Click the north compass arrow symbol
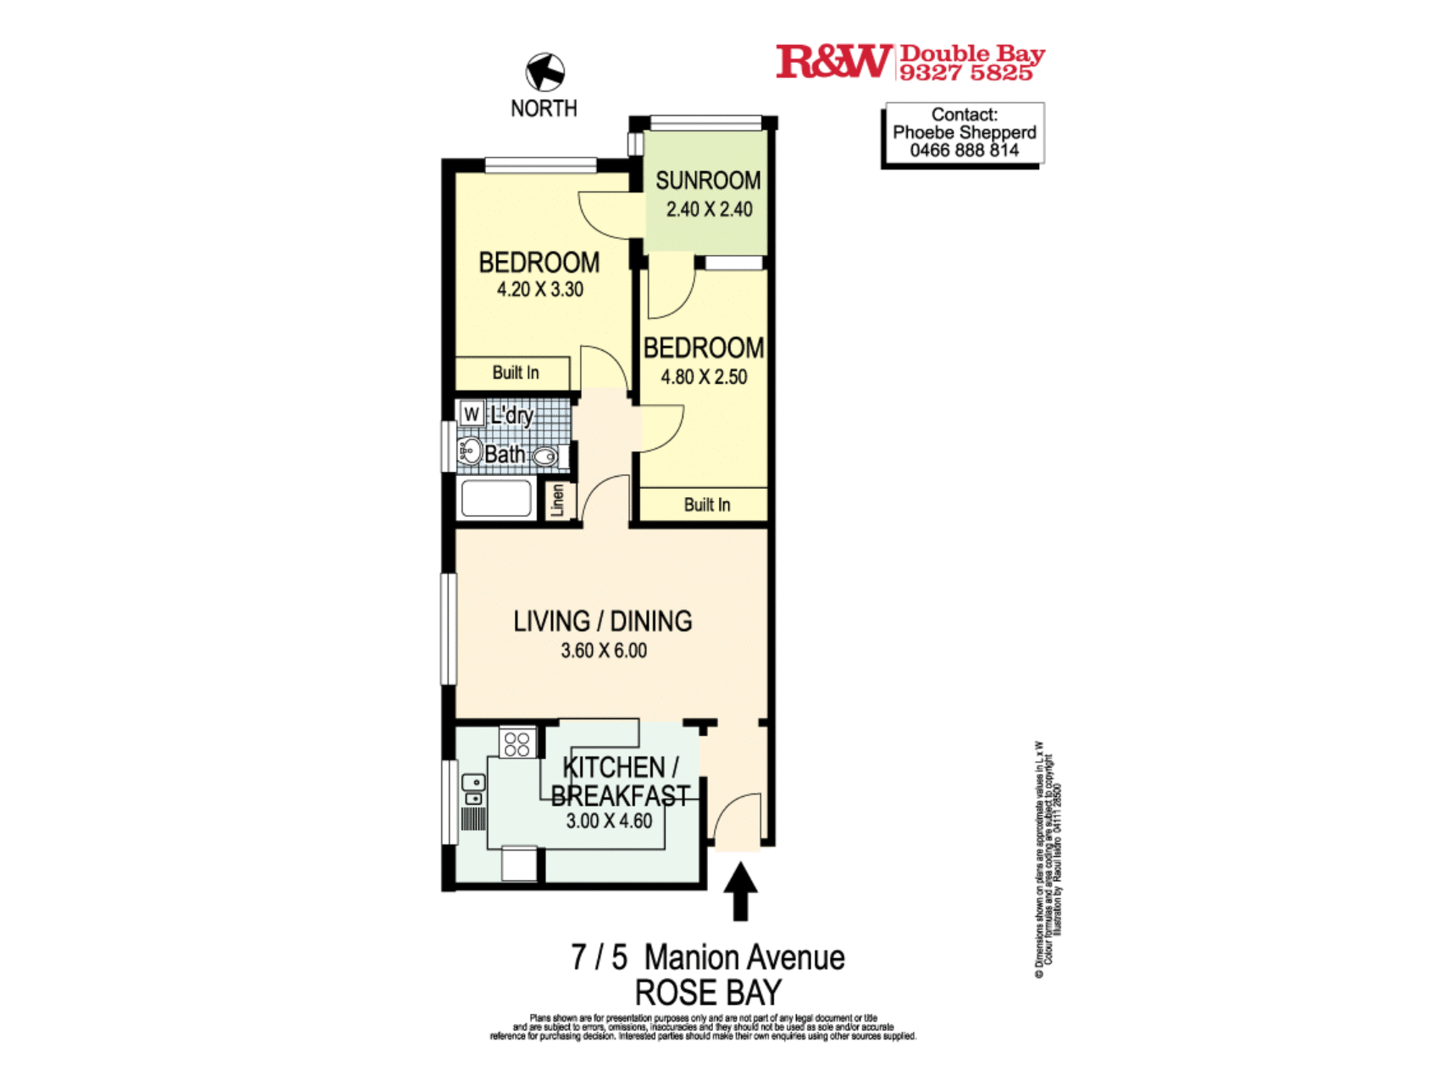click(x=545, y=72)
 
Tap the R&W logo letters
click(x=833, y=62)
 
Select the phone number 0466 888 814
click(x=964, y=150)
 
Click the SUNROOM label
click(x=707, y=180)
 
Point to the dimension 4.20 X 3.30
click(x=540, y=289)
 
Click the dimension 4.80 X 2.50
click(x=703, y=377)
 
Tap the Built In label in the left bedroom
click(x=515, y=372)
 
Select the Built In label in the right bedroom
click(x=707, y=505)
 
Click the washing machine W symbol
click(x=471, y=414)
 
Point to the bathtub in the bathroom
click(x=496, y=498)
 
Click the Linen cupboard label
click(x=558, y=500)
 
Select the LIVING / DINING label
click(x=602, y=621)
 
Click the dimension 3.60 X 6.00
click(x=603, y=650)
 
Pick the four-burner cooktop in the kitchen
click(x=517, y=743)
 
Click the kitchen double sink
click(x=473, y=790)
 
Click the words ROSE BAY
click(x=707, y=992)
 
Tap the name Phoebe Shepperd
click(x=964, y=132)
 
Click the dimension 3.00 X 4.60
click(x=609, y=821)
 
